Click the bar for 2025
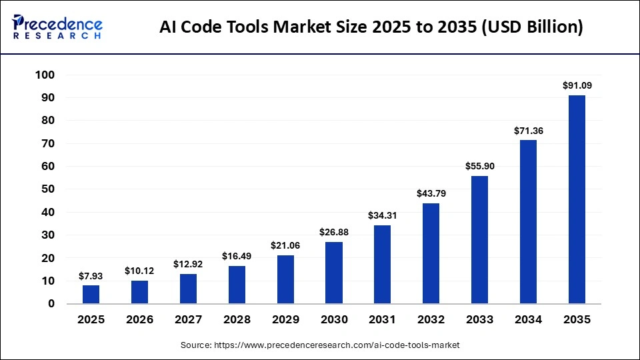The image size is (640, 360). pyautogui.click(x=91, y=295)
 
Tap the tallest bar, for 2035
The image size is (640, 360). pyautogui.click(x=577, y=199)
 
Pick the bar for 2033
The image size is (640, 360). pyautogui.click(x=479, y=239)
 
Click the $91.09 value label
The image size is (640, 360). pyautogui.click(x=577, y=85)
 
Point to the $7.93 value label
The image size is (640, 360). pyautogui.click(x=91, y=275)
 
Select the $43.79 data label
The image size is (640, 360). pyautogui.click(x=431, y=193)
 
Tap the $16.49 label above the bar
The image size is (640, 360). pyautogui.click(x=237, y=256)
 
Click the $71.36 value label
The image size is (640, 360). pyautogui.click(x=528, y=131)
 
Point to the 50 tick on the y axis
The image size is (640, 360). pyautogui.click(x=47, y=189)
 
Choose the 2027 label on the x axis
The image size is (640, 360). pyautogui.click(x=188, y=319)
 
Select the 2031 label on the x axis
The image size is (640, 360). pyautogui.click(x=382, y=319)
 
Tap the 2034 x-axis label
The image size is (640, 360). pyautogui.click(x=528, y=319)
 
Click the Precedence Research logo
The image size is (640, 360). pyautogui.click(x=57, y=27)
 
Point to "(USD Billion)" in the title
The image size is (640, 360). pyautogui.click(x=531, y=27)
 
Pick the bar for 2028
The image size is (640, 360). pyautogui.click(x=237, y=285)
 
